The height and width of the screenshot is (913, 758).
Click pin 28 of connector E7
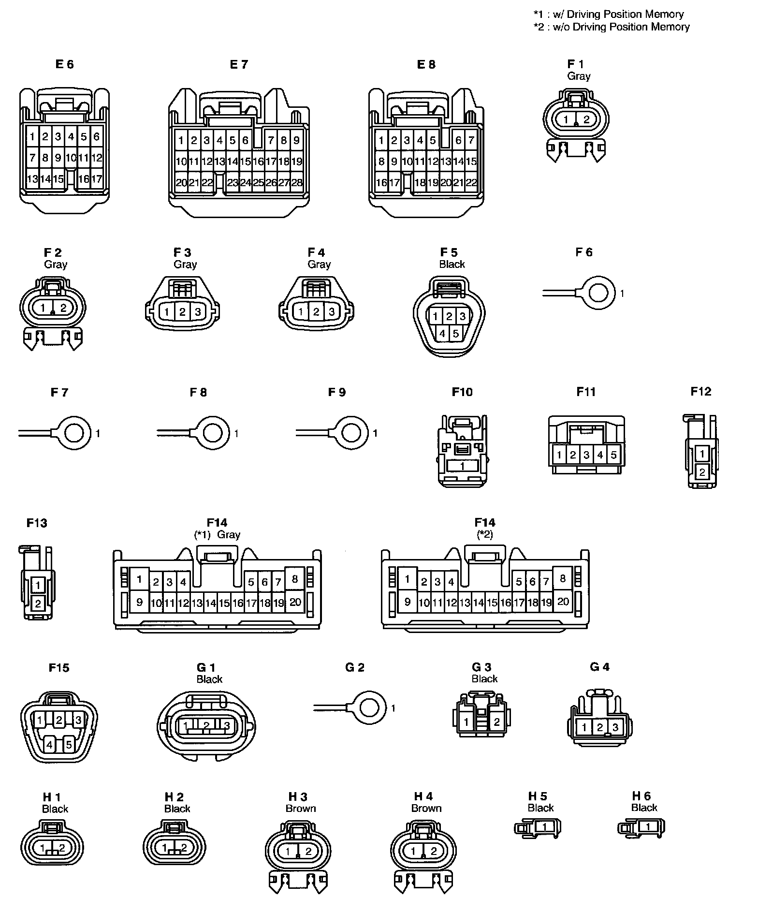click(297, 183)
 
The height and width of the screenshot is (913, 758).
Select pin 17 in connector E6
click(97, 179)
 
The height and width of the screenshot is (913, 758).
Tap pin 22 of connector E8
click(471, 182)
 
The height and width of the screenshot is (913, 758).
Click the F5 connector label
click(449, 252)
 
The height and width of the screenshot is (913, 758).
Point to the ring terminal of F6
click(599, 293)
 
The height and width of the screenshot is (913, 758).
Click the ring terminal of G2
click(370, 708)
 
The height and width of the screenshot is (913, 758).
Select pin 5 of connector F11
click(613, 455)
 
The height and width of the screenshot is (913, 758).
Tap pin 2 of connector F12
click(702, 472)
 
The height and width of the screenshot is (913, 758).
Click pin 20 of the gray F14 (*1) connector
click(295, 602)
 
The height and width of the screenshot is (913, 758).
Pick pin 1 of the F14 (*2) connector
click(408, 579)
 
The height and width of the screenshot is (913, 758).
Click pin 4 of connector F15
click(49, 745)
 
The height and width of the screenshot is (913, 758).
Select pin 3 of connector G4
click(615, 727)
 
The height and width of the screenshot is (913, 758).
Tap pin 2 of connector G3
click(497, 722)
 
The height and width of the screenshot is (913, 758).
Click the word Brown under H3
click(301, 809)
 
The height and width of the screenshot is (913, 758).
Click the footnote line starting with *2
click(612, 27)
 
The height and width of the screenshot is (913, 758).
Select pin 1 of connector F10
click(462, 466)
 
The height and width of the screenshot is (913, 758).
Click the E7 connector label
click(239, 64)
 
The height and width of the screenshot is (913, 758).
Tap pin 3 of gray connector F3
click(198, 312)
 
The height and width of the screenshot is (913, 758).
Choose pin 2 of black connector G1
click(206, 726)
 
